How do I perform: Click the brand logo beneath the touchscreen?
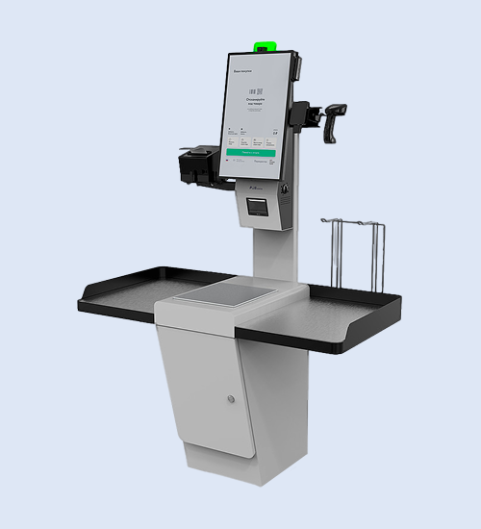coord(256,181)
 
